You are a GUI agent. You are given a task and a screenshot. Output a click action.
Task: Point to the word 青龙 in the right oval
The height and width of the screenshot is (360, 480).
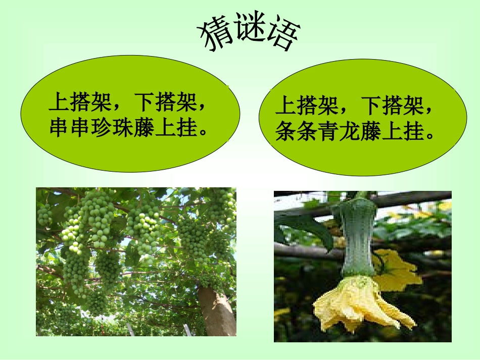(x=339, y=132)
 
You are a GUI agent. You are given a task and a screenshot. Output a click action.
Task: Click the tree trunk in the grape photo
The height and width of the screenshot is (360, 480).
(x=218, y=311)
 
